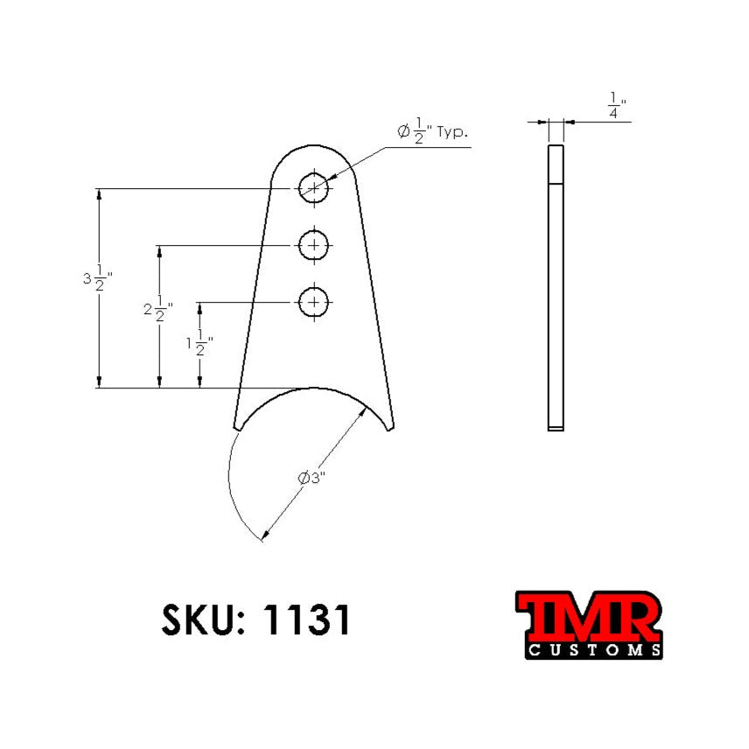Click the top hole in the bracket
point(313,187)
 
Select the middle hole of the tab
point(313,246)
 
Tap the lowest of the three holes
point(313,303)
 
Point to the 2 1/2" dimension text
point(157,311)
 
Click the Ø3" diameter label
point(312,479)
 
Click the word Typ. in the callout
point(452,133)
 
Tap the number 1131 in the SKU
point(307,619)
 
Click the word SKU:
point(201,619)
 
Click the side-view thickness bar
point(556,289)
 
